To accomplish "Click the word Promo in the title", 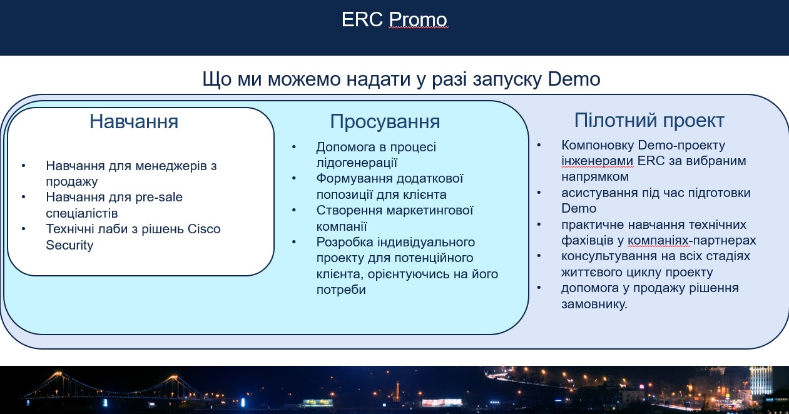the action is click(418, 19).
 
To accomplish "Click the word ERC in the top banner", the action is click(362, 19).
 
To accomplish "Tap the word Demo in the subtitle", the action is click(574, 79).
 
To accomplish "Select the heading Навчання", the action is click(134, 121).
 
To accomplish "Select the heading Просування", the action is click(385, 122).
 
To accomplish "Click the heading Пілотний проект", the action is click(649, 121).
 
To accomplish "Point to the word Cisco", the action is click(204, 229).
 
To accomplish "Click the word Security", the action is click(69, 245).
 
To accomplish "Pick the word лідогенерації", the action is click(357, 163).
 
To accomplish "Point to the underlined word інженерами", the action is click(597, 161).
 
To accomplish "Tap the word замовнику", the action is click(594, 304).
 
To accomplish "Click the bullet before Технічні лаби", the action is click(24, 229).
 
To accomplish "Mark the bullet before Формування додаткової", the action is click(294, 178).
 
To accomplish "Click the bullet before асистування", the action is click(539, 193).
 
